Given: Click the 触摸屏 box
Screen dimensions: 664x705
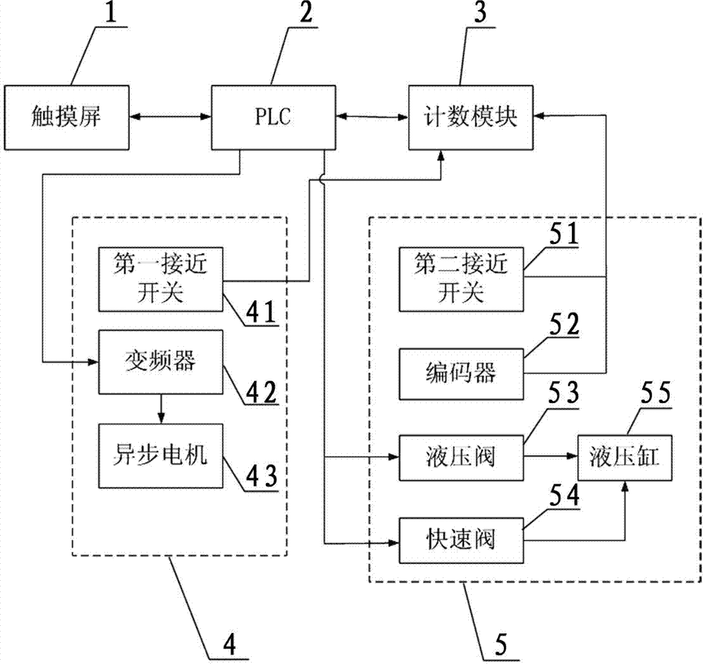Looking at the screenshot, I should point(67,117).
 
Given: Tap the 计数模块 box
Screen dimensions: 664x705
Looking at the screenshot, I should point(471,117).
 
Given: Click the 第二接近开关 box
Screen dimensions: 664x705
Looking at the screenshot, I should point(461,280).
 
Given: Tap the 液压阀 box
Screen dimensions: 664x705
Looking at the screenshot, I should point(461,457).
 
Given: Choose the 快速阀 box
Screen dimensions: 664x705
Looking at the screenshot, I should point(461,541).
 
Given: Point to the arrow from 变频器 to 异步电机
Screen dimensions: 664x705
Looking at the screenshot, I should point(161,409).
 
